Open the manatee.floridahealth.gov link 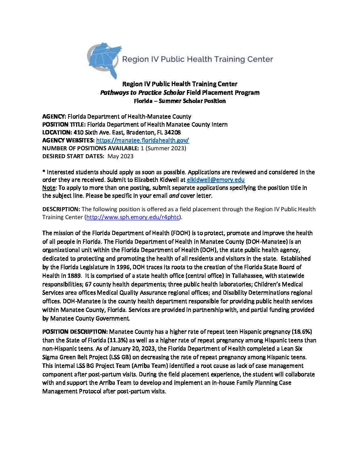tap(142, 140)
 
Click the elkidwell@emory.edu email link tap(215, 180)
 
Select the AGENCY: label tap(54, 117)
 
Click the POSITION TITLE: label tap(64, 124)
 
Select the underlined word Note tap(49, 188)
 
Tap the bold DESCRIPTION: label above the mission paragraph tap(61, 209)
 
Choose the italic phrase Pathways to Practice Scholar tap(142, 93)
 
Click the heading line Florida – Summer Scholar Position tap(180, 101)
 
